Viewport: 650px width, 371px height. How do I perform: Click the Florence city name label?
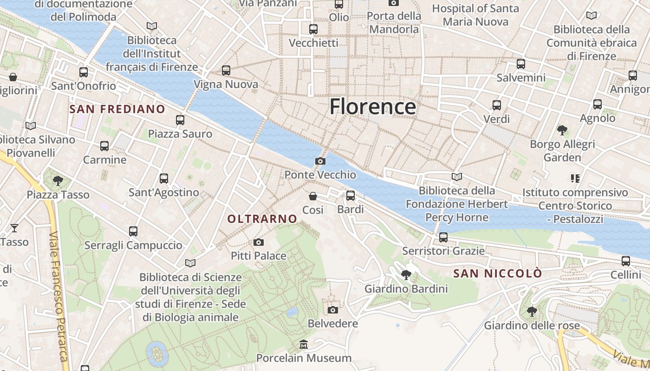click(x=373, y=107)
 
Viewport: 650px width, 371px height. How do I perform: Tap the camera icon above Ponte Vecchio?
click(x=320, y=161)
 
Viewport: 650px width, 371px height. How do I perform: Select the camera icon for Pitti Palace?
click(x=259, y=242)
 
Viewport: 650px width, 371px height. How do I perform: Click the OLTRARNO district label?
click(x=262, y=218)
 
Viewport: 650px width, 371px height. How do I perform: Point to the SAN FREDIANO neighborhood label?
click(x=117, y=109)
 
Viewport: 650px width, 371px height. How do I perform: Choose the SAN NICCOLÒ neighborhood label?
click(x=497, y=274)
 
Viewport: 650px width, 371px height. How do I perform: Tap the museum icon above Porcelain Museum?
click(x=304, y=345)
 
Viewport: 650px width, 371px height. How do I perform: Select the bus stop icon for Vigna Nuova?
click(x=226, y=70)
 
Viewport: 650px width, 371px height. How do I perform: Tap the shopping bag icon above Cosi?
click(x=313, y=196)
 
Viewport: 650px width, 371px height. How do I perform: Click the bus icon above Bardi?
click(x=351, y=196)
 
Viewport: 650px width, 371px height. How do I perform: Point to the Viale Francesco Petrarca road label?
click(x=59, y=297)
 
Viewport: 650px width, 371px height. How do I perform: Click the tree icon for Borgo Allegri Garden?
click(x=562, y=130)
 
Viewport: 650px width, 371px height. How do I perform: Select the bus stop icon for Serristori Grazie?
click(x=443, y=237)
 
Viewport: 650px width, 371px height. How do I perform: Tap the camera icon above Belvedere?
click(x=333, y=310)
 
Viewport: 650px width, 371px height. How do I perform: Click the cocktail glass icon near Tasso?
click(x=14, y=228)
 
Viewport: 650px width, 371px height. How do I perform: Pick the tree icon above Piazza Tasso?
click(x=58, y=180)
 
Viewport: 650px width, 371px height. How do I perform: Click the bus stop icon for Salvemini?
click(x=521, y=64)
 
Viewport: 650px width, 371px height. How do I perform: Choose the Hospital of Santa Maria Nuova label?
click(x=475, y=15)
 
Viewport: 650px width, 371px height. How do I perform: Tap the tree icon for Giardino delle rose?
click(x=532, y=311)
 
